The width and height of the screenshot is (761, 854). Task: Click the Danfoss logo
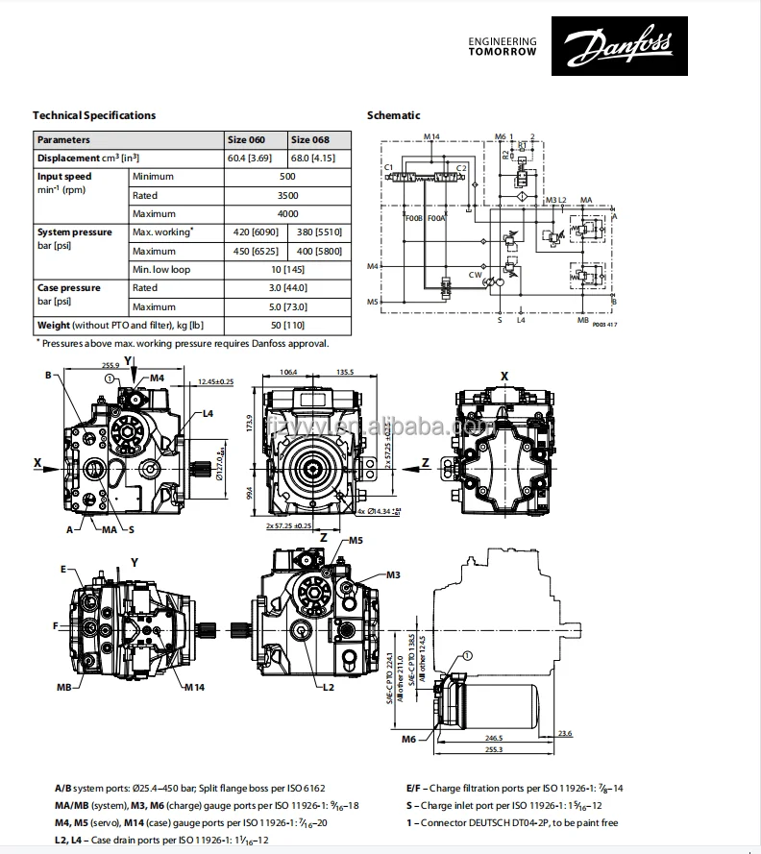(619, 45)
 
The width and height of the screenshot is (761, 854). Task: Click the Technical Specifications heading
(94, 115)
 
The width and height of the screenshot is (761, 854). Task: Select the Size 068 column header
(310, 139)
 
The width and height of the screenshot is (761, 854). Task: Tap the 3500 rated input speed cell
(287, 195)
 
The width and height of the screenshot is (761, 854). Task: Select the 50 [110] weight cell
(287, 326)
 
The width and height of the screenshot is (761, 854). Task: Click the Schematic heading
(394, 115)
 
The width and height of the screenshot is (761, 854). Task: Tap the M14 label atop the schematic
(431, 137)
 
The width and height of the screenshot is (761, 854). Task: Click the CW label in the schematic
(475, 274)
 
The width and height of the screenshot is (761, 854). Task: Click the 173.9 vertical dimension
(249, 424)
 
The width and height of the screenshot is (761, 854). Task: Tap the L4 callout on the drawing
(208, 415)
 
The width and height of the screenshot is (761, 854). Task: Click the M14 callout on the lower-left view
(194, 687)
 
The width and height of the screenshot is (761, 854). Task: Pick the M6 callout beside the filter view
(409, 739)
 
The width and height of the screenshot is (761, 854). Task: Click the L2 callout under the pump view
(328, 687)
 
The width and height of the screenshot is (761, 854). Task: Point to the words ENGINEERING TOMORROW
(502, 46)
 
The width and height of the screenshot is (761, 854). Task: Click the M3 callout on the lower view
(393, 574)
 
